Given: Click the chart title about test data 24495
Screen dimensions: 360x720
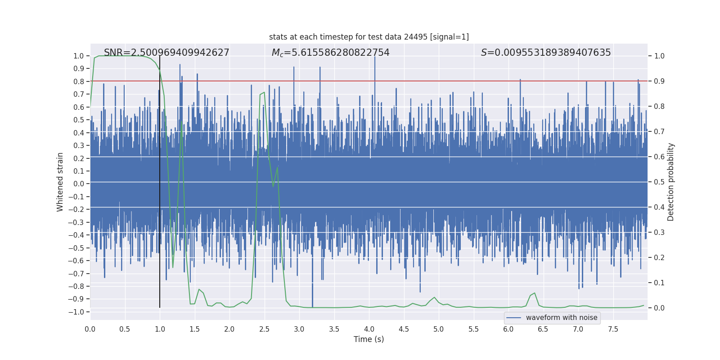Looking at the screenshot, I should [x=369, y=37].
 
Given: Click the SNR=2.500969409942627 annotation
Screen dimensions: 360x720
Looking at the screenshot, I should [x=166, y=53].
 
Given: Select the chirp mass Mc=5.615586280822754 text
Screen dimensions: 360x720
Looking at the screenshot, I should [x=330, y=53].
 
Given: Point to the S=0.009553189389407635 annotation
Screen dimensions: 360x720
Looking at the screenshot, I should [x=545, y=53].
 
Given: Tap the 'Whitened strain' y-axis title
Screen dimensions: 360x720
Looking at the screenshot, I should [x=60, y=182].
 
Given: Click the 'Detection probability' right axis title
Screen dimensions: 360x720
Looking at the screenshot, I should [x=670, y=182].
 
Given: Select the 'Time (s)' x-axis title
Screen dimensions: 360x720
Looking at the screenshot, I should [x=369, y=339].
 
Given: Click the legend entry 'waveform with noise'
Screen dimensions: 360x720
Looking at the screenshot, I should [x=561, y=318].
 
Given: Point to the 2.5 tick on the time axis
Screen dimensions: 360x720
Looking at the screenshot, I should [x=264, y=329].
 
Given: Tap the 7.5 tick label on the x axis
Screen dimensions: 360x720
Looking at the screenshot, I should [x=613, y=329].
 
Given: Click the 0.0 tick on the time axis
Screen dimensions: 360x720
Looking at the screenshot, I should [x=90, y=329].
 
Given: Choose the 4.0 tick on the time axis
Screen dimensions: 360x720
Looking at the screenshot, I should [x=369, y=329].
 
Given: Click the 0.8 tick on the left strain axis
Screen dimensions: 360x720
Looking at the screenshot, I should [x=78, y=81].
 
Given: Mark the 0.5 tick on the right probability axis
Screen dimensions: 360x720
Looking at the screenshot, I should [x=659, y=182].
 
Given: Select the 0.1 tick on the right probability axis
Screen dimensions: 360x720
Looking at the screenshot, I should [x=659, y=283].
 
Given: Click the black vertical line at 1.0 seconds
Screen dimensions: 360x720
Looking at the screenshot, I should [x=160, y=180].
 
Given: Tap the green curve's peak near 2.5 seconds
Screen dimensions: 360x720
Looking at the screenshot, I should [x=264, y=92].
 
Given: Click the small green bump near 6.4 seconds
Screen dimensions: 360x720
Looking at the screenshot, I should [x=534, y=293].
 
